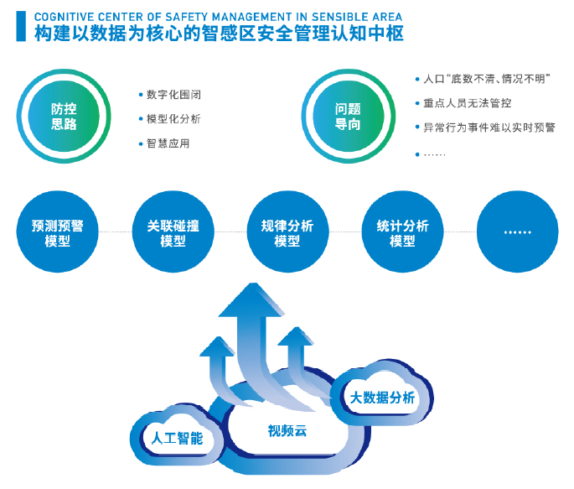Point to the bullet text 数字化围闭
[x=173, y=95]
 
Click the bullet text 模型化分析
[x=173, y=119]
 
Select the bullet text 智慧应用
[x=168, y=143]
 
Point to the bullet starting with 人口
[x=487, y=79]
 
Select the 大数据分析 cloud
[x=382, y=398]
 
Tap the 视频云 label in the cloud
[x=287, y=431]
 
